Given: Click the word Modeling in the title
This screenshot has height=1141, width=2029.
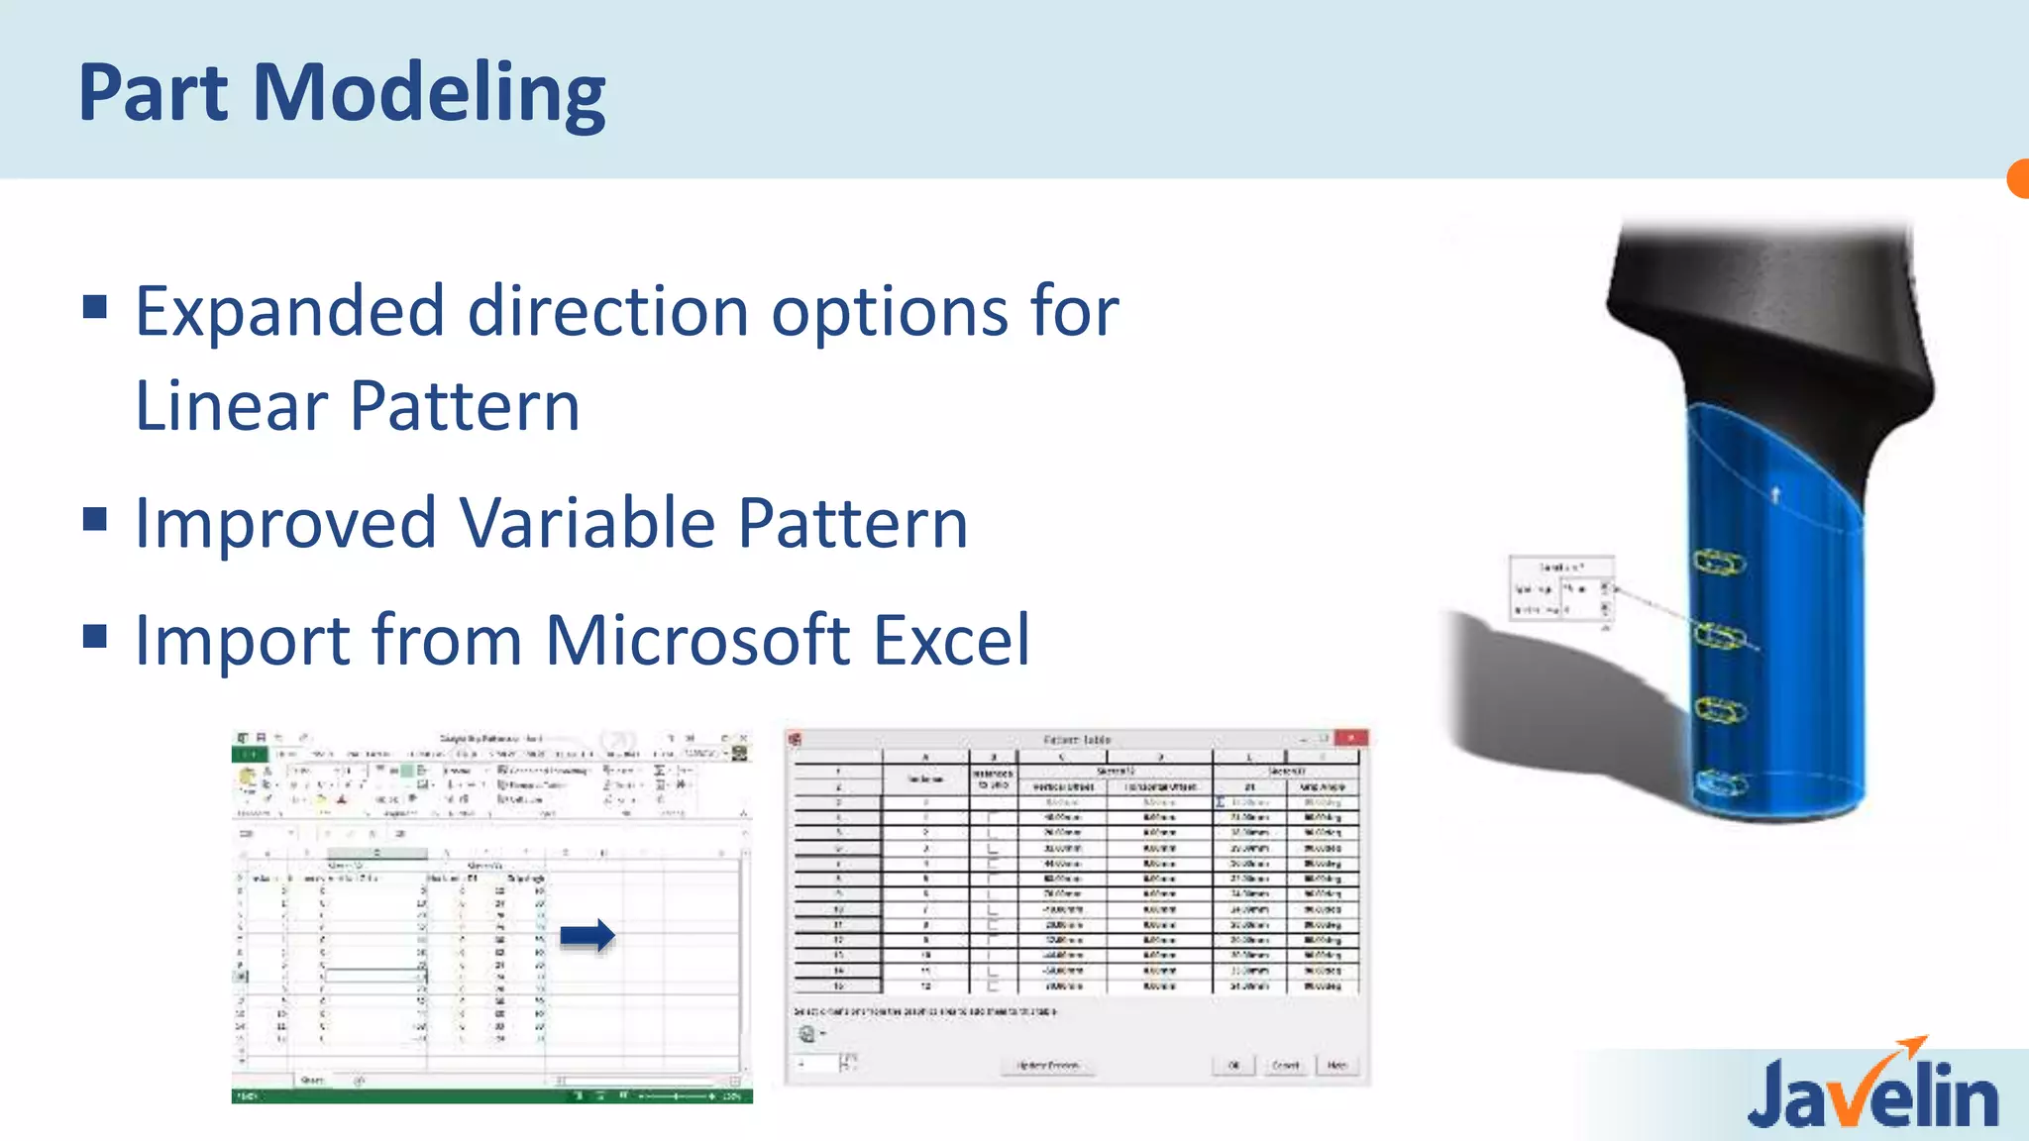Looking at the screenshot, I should click(429, 93).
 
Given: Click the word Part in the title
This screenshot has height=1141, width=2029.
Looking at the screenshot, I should click(154, 93).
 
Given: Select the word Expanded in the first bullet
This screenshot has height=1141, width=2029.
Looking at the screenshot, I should click(289, 313).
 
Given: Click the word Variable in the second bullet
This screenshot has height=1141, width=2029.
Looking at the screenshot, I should click(587, 523).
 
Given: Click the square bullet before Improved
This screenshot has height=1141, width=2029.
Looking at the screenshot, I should click(95, 519).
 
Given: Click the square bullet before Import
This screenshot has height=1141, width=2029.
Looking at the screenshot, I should click(95, 636).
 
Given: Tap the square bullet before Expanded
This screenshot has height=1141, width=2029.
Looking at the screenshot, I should click(95, 306).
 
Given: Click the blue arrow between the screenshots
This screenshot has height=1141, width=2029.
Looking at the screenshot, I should click(587, 935).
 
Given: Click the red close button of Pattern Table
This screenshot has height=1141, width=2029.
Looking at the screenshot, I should click(1350, 738).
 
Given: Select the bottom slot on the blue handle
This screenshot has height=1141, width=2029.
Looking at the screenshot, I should click(1720, 784).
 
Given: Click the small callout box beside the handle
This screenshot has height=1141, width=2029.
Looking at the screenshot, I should click(1561, 588).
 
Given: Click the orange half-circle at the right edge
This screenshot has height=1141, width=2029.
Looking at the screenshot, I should click(2018, 179).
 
